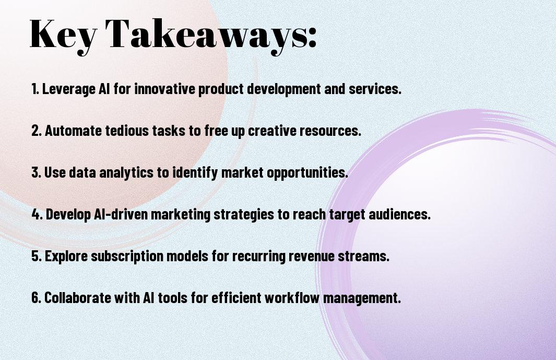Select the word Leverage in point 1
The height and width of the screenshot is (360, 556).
point(69,89)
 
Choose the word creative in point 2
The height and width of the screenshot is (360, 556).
point(272,131)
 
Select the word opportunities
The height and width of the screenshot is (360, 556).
point(307,173)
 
